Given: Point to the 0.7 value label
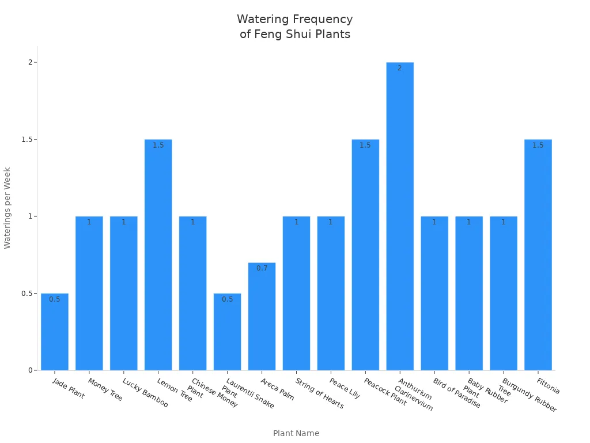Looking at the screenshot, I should pyautogui.click(x=262, y=268).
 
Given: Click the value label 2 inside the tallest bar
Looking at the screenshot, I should pyautogui.click(x=400, y=68).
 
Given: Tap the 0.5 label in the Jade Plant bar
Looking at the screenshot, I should pyautogui.click(x=55, y=299).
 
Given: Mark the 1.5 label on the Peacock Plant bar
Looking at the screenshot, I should pyautogui.click(x=365, y=145).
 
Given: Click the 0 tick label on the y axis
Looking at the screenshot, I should pyautogui.click(x=31, y=370).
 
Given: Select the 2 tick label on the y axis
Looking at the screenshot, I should pyautogui.click(x=31, y=62).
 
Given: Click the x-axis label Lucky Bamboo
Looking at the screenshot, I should pyautogui.click(x=145, y=393).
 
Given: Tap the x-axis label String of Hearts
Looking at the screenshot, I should pyautogui.click(x=319, y=393).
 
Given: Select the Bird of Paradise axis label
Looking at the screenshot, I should pyautogui.click(x=456, y=393).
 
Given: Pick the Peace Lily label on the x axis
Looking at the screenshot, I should pyautogui.click(x=345, y=389).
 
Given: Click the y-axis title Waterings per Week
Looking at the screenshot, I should pyautogui.click(x=7, y=208).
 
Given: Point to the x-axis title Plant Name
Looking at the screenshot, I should pyautogui.click(x=296, y=433).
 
